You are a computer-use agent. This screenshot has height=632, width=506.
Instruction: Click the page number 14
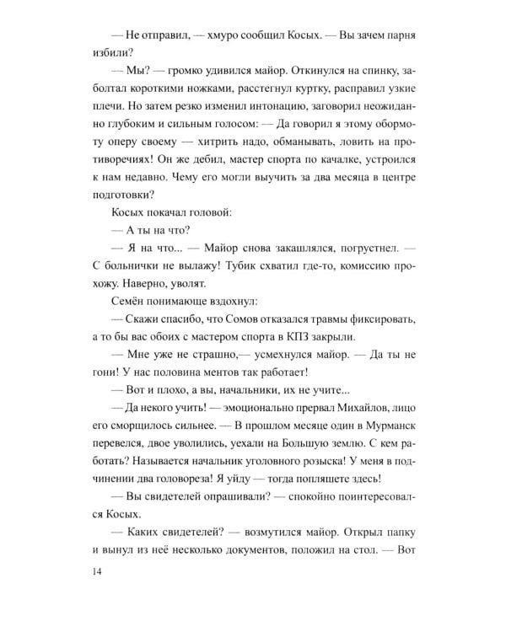[x=104, y=571]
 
